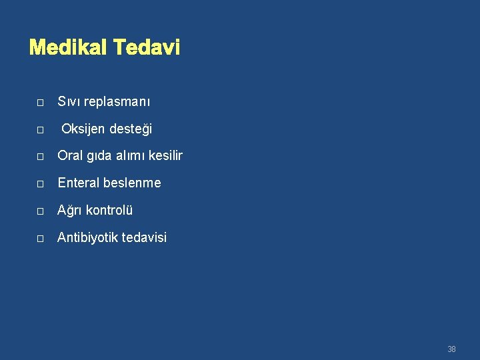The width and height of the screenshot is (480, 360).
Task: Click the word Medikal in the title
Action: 69,48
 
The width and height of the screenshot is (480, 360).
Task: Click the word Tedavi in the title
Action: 147,48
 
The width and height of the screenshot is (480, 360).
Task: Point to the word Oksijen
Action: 83,129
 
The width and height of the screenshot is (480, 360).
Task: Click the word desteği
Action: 131,129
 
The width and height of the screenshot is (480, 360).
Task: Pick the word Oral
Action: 70,156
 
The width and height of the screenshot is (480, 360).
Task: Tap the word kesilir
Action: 165,156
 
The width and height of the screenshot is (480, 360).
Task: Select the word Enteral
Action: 79,183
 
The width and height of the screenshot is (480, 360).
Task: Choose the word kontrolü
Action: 110,210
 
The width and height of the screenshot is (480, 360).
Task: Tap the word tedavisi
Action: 142,237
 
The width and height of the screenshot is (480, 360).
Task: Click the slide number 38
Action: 451,349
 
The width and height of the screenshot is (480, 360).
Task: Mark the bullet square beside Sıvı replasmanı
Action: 40,103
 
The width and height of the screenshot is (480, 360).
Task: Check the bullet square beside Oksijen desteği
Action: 40,130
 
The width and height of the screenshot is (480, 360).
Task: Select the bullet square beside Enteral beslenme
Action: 40,184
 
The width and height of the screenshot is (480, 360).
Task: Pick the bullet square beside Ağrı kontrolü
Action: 40,211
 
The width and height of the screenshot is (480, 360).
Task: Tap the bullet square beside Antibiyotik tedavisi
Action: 40,239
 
